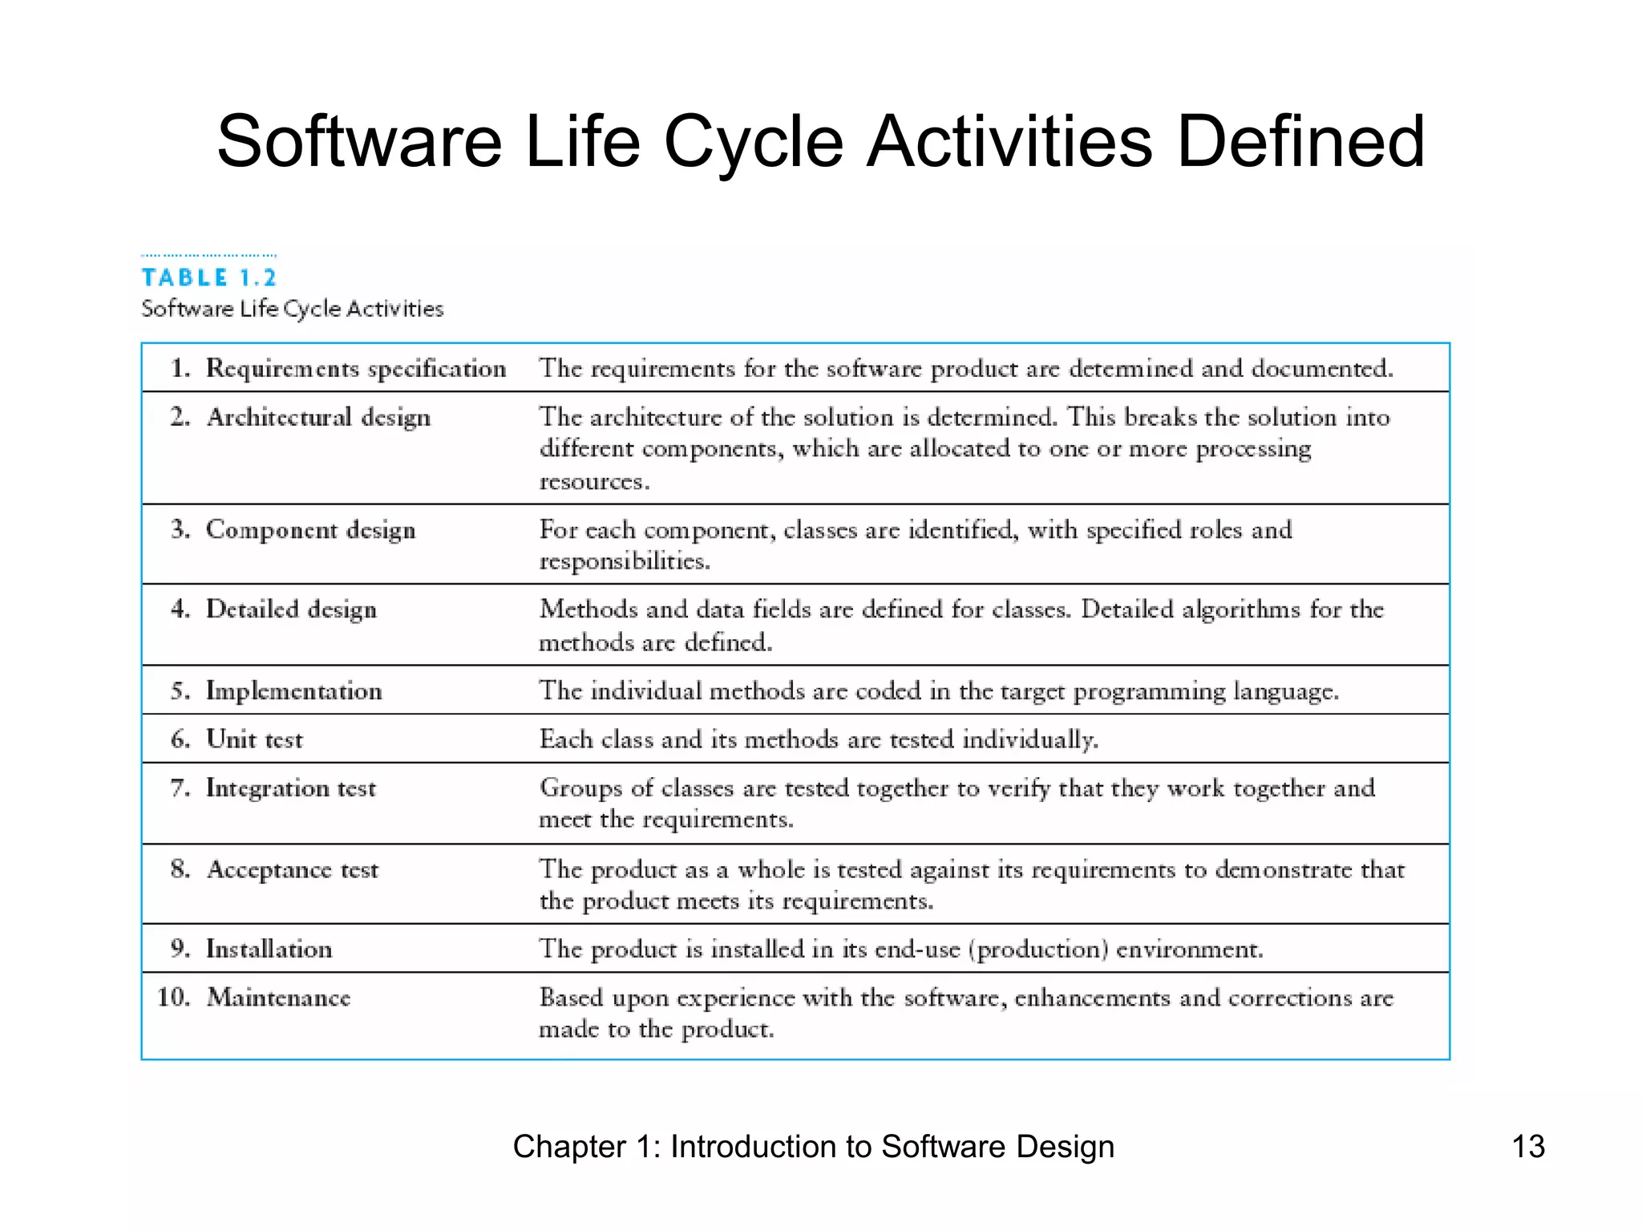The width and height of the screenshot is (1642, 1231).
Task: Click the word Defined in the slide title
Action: [1300, 142]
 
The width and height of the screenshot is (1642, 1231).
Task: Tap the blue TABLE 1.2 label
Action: [209, 277]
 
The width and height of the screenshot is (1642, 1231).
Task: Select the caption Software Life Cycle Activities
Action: [292, 309]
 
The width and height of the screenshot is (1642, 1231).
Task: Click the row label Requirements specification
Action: [356, 368]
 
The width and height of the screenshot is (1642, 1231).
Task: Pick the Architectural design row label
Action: [318, 417]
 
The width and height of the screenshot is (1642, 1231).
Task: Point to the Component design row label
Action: [311, 530]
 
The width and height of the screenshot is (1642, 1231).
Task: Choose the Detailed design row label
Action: [291, 609]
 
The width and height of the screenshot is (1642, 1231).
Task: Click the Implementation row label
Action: [293, 690]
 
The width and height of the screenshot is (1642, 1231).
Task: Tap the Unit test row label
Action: [254, 739]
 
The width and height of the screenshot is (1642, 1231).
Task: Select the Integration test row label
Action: [290, 788]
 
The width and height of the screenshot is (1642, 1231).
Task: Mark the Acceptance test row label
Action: [292, 869]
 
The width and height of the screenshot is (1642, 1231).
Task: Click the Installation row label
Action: [269, 949]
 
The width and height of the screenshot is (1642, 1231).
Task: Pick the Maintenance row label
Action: [278, 997]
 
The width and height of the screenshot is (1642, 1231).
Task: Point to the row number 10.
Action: [173, 997]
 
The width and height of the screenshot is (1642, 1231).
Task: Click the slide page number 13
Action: [1527, 1146]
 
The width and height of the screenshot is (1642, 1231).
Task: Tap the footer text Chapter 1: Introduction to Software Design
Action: [813, 1146]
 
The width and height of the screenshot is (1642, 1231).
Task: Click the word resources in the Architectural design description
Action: [593, 481]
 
